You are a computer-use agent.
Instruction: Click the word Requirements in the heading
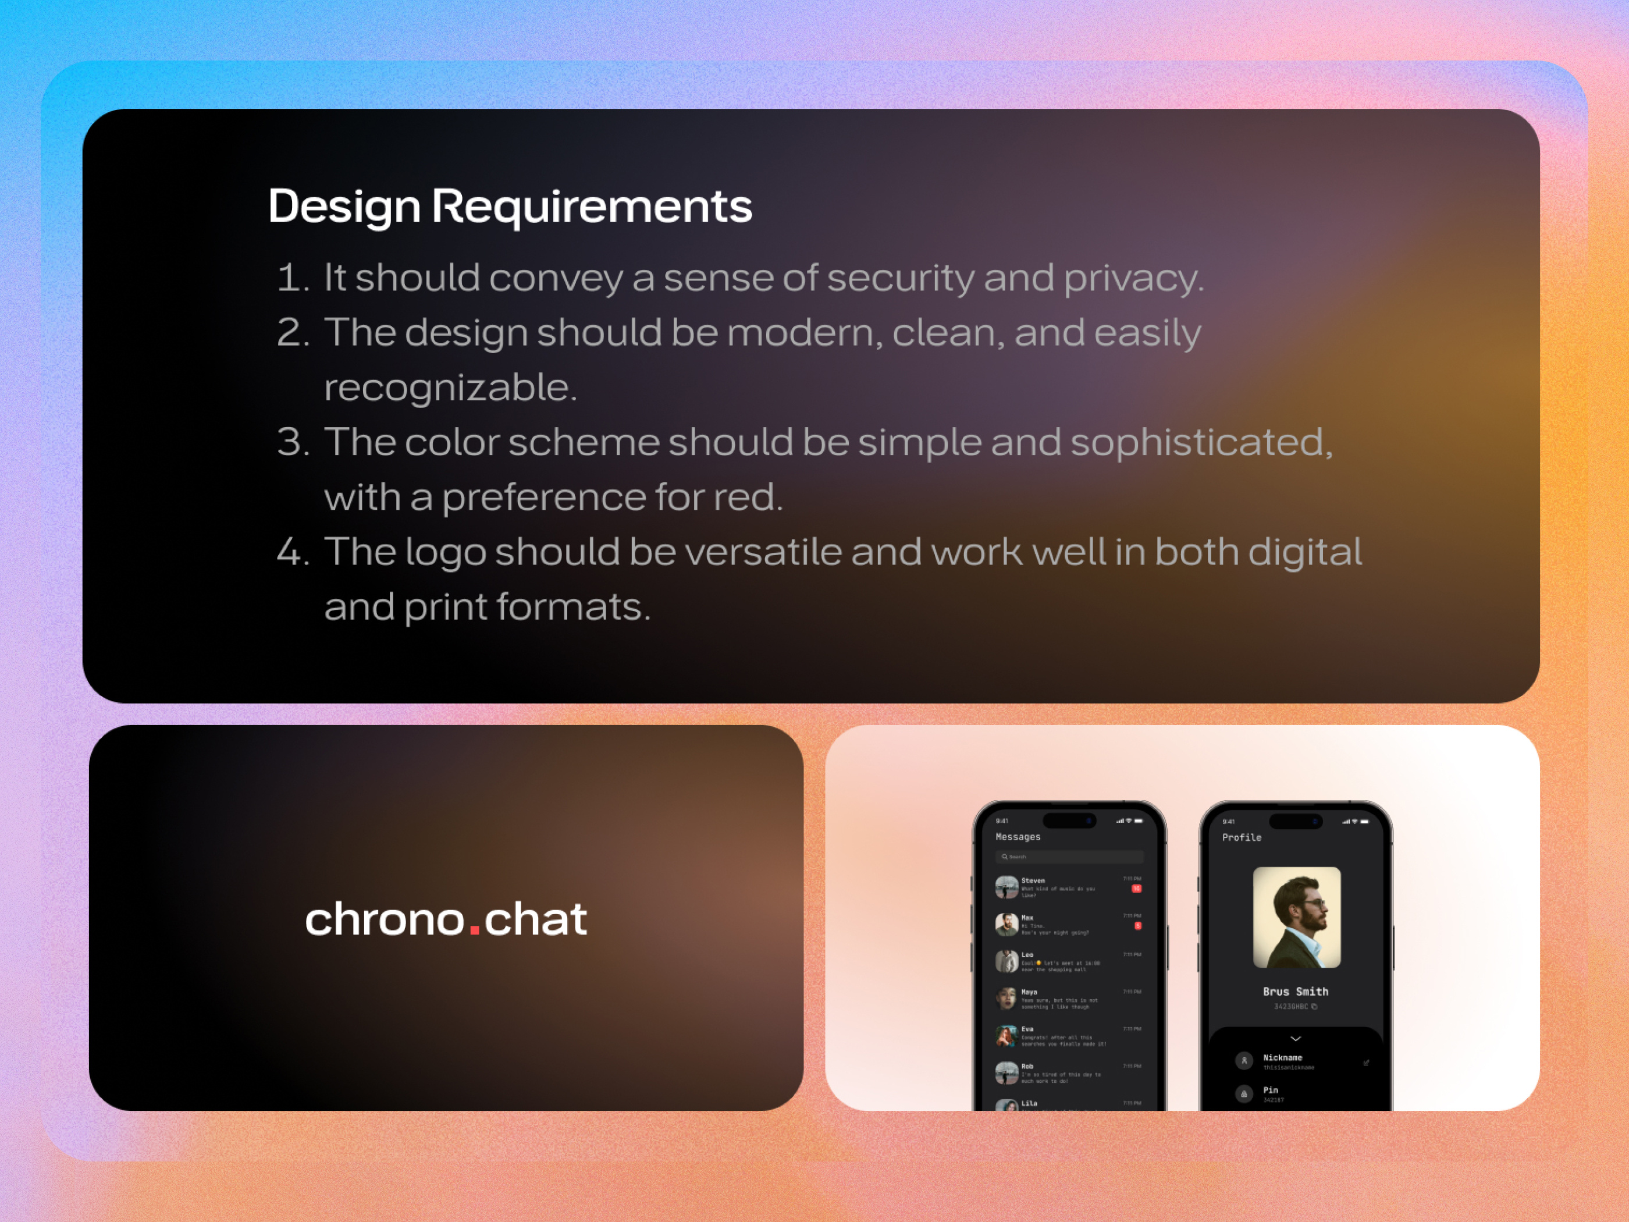[591, 206]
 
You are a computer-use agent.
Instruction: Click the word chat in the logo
[535, 919]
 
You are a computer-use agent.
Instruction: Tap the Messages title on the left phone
[1018, 837]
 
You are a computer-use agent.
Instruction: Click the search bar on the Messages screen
[1069, 857]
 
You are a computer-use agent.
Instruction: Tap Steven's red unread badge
[1136, 889]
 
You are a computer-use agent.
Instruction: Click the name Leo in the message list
[1027, 955]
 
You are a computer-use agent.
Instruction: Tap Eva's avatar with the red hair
[1006, 1036]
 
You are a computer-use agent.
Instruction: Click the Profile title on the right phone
[1242, 837]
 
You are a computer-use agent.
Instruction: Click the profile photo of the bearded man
[1297, 917]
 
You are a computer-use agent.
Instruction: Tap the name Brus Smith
[1296, 992]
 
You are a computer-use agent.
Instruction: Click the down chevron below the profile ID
[1296, 1039]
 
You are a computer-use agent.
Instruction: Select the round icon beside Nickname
[1244, 1061]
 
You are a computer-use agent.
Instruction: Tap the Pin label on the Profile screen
[1271, 1090]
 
